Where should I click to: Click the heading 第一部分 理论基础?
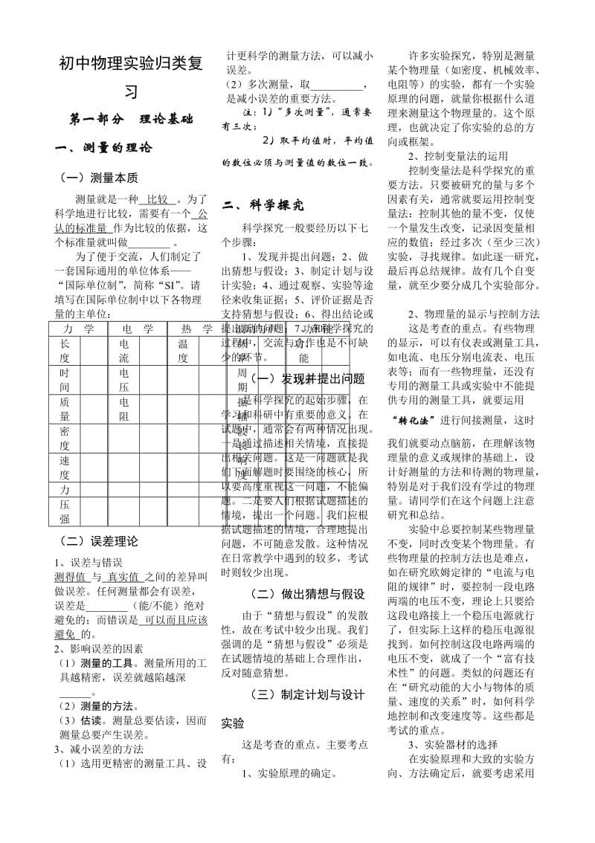pos(130,118)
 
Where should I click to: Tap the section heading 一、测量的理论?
pos(104,147)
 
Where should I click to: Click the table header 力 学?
pos(79,328)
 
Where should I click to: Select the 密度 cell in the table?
pos(65,438)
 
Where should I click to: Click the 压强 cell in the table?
pos(65,511)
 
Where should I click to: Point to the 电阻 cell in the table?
pos(123,409)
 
